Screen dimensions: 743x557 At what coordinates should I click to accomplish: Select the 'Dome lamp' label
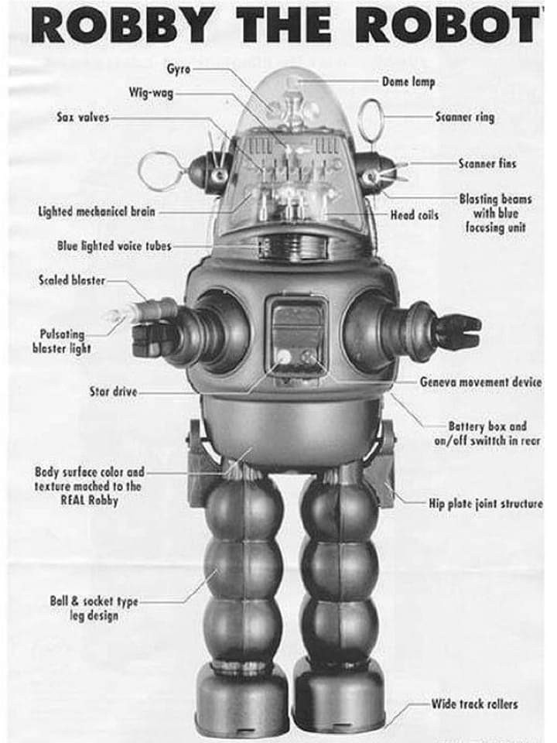point(408,80)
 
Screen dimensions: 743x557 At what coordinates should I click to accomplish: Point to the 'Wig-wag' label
point(151,94)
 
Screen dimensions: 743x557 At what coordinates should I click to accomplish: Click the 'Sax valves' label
point(83,118)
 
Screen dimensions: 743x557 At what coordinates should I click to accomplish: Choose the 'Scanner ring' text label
point(464,118)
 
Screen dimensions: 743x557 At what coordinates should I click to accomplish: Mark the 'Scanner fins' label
point(487,163)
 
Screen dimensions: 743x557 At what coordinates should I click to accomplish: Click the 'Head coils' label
point(415,214)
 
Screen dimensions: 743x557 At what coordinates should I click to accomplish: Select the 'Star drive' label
point(114,392)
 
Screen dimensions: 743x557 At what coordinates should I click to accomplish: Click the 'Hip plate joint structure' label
point(485,504)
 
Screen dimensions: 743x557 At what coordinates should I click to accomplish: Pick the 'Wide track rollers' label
point(474,704)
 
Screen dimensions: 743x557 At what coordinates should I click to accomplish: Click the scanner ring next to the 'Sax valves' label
point(162,172)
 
